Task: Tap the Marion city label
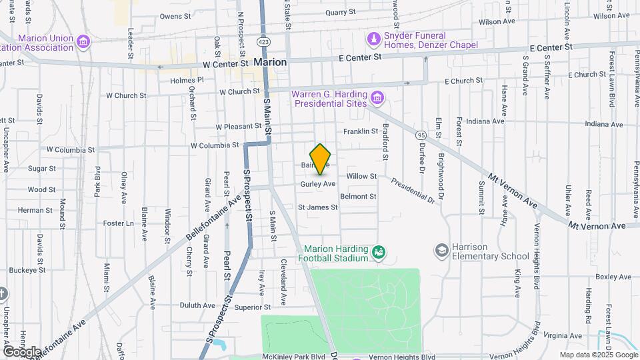click(270, 62)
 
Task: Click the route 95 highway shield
click(420, 135)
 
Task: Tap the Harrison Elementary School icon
click(441, 251)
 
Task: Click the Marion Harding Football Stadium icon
click(379, 252)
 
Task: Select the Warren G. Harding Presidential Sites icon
click(377, 99)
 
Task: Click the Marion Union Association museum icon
click(83, 43)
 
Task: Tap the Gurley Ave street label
click(317, 183)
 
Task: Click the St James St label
click(317, 208)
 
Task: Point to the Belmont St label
click(358, 197)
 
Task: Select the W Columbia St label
click(215, 145)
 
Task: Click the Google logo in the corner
click(21, 351)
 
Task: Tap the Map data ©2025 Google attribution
click(599, 355)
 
